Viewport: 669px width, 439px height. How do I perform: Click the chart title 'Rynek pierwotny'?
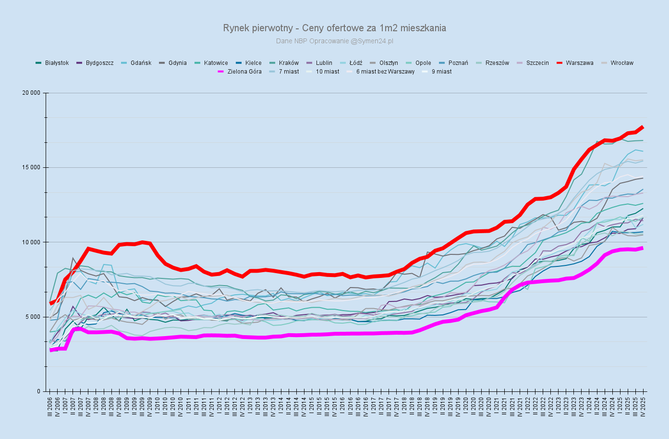pos(334,28)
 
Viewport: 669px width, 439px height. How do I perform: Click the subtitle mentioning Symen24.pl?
pos(334,41)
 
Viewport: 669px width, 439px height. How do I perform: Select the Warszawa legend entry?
pos(579,63)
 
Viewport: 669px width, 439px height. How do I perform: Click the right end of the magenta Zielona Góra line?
pos(643,248)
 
